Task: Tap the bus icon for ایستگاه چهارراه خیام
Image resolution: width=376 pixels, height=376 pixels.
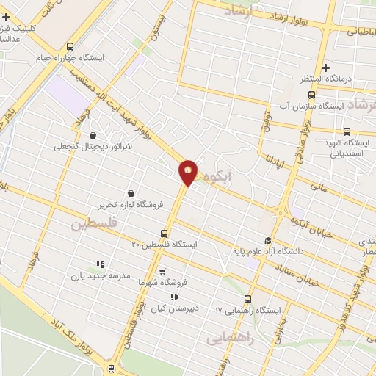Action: coord(70,45)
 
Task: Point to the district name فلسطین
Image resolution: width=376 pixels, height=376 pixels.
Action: coord(93,223)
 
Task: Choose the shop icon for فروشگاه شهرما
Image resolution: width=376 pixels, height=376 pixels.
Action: coord(162,272)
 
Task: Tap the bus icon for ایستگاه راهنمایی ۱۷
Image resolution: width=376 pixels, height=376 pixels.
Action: coord(247,299)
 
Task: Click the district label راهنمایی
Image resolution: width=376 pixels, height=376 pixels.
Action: coord(229,339)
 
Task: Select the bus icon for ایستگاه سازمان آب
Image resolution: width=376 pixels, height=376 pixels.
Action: coord(311,95)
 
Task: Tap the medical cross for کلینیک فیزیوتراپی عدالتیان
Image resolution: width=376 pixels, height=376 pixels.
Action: coord(7,16)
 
